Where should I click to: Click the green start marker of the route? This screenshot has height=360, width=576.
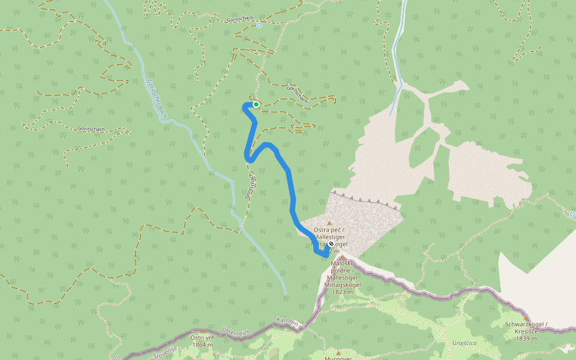(x=256, y=104)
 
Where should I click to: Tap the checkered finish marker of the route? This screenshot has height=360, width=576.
(x=331, y=244)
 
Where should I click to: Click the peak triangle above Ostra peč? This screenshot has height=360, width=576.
(x=329, y=223)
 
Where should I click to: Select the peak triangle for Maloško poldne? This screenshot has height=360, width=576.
(x=343, y=257)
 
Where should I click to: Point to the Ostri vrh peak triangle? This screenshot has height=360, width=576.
(x=202, y=331)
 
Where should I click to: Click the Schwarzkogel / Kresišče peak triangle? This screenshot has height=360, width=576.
(x=526, y=318)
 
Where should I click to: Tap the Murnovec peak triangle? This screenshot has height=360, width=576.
(x=338, y=352)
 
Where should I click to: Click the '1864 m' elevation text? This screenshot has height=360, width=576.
(x=202, y=345)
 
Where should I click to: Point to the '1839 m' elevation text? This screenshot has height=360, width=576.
(x=526, y=338)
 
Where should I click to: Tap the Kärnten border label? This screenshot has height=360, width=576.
(x=288, y=322)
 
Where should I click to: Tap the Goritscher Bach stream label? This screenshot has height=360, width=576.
(x=155, y=98)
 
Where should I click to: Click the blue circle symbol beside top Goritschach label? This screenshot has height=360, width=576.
(x=259, y=25)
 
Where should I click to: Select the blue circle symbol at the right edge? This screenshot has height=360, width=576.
(x=572, y=214)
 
